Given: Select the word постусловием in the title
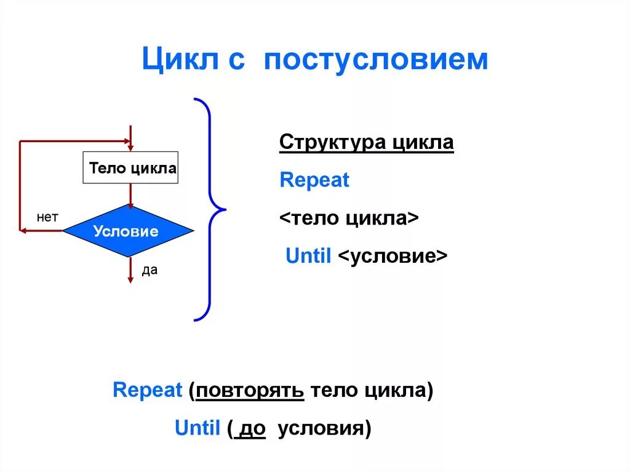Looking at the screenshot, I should coord(377,60).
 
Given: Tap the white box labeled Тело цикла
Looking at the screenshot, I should coord(130,168).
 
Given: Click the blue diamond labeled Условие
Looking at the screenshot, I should coord(128,231).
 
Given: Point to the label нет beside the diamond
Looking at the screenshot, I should coord(47,217).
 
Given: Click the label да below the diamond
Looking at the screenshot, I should coord(150,270).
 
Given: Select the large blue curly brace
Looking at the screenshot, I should coord(210,209).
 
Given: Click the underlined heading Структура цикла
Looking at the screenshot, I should coord(366,143).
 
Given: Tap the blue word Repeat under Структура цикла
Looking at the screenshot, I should coord(314,180).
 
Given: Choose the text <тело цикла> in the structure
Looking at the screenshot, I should coord(349,218).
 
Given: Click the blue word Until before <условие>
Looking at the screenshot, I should coord(309,256).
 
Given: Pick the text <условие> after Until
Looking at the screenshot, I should coord(393,256).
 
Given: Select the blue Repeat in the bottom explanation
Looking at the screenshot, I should coord(148,390).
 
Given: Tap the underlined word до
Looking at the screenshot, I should coord(252,428).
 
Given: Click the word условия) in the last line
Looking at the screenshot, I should coord(324,428).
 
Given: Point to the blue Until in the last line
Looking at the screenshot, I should coord(197,428).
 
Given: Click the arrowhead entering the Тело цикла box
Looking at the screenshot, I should coord(130,147).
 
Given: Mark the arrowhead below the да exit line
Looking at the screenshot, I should coord(130,279).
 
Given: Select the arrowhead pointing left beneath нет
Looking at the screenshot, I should coord(23,231).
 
